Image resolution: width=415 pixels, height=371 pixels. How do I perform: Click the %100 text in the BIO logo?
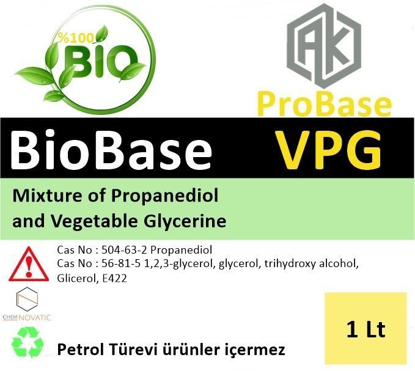[76, 38]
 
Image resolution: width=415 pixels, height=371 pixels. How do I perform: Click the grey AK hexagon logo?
[324, 46]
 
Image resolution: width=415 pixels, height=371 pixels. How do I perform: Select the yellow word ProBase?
[324, 104]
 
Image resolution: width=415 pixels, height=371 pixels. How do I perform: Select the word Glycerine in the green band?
[185, 221]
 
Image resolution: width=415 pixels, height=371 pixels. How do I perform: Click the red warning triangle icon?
[29, 264]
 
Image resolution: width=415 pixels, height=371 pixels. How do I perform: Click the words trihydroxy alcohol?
[311, 264]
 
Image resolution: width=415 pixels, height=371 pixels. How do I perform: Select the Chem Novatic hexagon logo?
[27, 304]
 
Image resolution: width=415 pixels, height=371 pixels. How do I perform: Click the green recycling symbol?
[28, 342]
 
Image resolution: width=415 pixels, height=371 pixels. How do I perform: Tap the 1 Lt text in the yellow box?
[365, 329]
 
